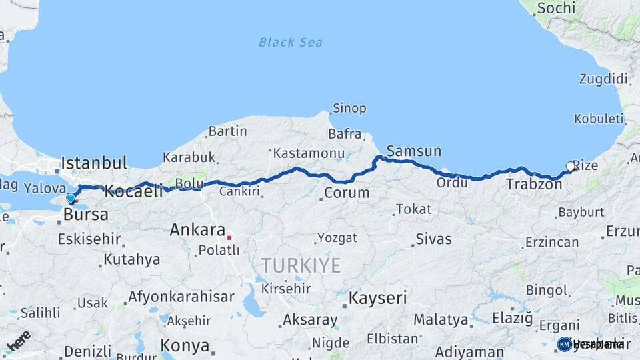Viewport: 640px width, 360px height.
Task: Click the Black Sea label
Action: (x=290, y=43)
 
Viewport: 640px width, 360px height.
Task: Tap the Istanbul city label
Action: (x=93, y=163)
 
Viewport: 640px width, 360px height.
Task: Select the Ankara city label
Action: (x=197, y=230)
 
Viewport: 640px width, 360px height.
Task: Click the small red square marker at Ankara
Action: (x=229, y=236)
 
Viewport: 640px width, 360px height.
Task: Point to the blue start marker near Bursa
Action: (x=71, y=198)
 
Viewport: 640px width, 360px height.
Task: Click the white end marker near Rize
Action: (x=570, y=166)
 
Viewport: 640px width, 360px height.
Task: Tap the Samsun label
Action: (x=413, y=151)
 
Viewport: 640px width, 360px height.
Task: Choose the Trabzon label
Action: (x=533, y=184)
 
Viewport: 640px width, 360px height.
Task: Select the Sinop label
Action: (x=349, y=109)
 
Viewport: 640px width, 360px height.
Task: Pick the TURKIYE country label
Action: (x=301, y=265)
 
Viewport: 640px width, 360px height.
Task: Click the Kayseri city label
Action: (x=378, y=297)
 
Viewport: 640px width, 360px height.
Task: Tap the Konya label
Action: (x=185, y=346)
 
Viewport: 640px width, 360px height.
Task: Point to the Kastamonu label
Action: (x=308, y=153)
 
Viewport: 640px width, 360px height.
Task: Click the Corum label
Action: (x=346, y=193)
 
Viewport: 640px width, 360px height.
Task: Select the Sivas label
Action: (x=433, y=239)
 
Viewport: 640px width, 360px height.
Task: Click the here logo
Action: (x=18, y=339)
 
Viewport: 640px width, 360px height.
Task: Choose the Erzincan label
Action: (x=551, y=242)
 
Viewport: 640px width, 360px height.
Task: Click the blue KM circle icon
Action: (x=564, y=344)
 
